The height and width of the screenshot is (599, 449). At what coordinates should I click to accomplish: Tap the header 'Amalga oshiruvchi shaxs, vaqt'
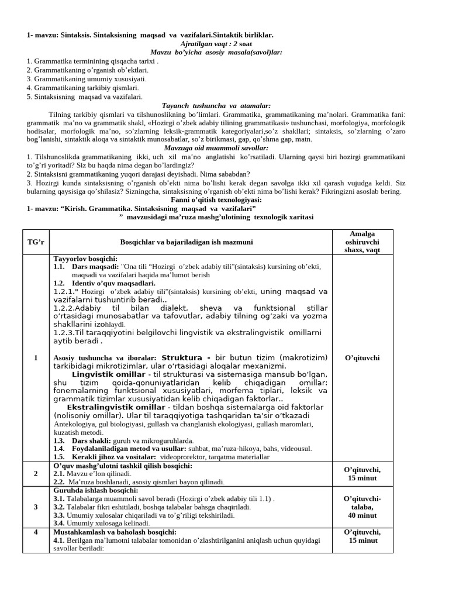point(362,242)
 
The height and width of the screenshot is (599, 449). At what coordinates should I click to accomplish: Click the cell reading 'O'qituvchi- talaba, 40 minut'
point(362,507)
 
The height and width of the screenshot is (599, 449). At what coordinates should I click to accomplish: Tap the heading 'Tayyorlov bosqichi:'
point(85,259)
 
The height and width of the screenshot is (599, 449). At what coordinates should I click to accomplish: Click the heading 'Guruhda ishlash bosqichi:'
point(95,490)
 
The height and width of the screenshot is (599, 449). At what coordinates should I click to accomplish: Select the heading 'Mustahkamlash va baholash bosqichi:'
point(115,532)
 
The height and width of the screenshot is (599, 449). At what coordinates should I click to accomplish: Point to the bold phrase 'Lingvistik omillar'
point(109,374)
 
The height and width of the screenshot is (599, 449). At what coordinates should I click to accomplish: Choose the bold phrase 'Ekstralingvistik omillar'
point(117,407)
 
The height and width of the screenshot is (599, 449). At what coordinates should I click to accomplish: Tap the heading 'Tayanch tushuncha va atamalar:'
point(216,106)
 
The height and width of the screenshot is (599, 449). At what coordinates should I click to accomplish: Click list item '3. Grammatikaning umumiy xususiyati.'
point(87,78)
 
